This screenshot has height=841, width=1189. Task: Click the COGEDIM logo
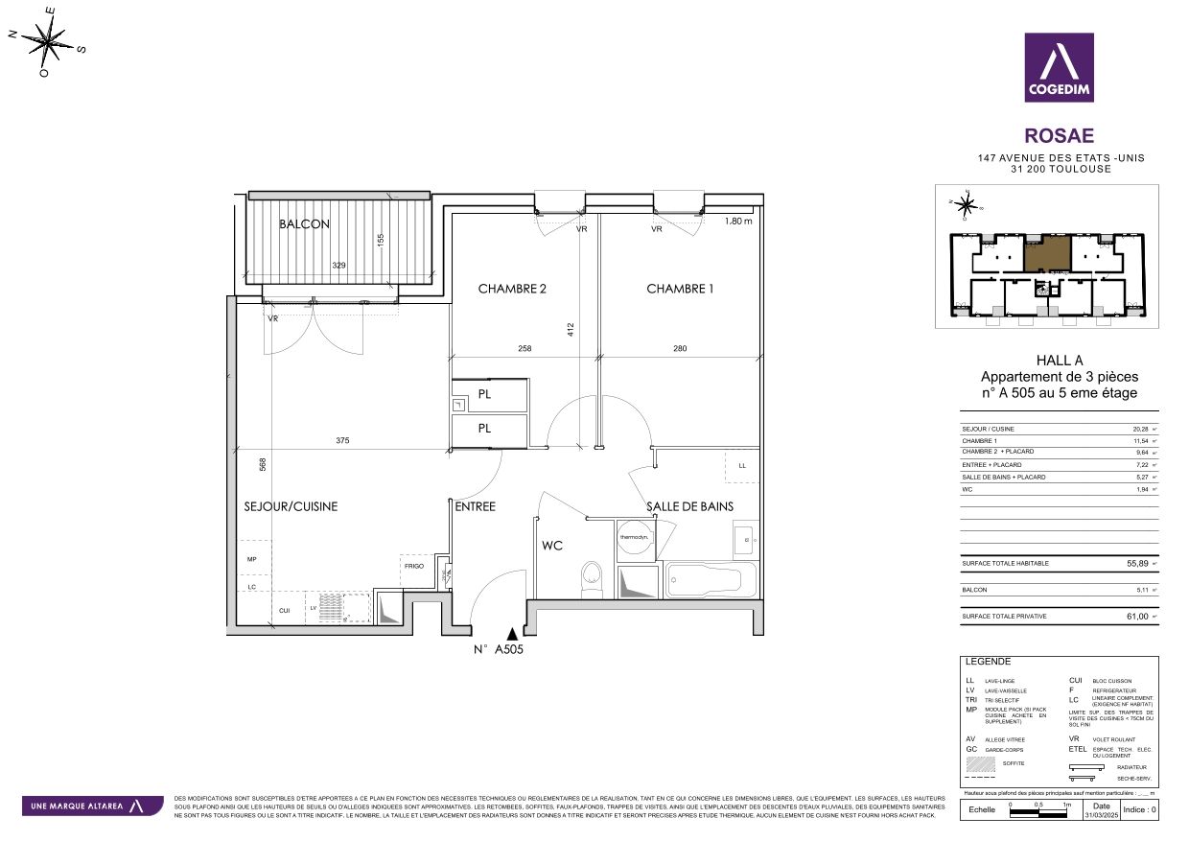(1059, 67)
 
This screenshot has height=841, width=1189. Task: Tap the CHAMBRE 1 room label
(680, 289)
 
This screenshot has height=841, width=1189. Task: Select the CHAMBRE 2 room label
(512, 289)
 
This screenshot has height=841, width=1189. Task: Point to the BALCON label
(304, 224)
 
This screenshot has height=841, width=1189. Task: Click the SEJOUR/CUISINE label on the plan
(291, 506)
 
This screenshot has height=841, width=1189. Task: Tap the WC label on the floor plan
(552, 546)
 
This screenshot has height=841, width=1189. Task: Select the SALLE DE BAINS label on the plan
(689, 506)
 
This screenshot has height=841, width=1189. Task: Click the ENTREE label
(475, 506)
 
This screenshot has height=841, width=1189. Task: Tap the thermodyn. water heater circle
(634, 537)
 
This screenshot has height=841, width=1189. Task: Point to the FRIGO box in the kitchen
(413, 567)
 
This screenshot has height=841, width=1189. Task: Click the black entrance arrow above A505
(514, 633)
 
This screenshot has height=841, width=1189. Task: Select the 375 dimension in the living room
(342, 441)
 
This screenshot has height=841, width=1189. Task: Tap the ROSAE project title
(1059, 137)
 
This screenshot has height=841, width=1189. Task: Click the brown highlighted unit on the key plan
(1047, 255)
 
